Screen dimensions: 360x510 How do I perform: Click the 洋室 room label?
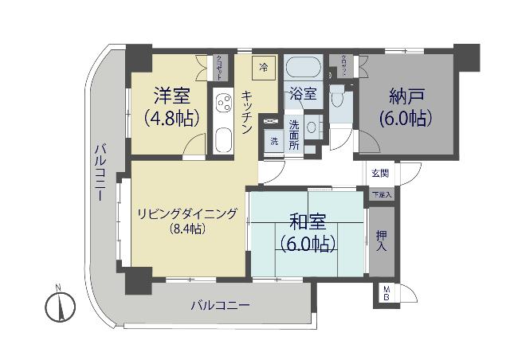click(x=172, y=97)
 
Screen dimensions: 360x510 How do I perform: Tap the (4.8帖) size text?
click(x=171, y=119)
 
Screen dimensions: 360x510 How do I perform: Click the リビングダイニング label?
click(x=187, y=213)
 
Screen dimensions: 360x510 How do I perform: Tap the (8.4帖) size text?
click(x=187, y=229)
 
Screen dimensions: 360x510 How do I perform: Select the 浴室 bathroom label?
click(x=304, y=94)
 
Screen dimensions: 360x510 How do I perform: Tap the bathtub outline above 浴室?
click(x=304, y=66)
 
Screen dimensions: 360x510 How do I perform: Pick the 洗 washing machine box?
click(x=274, y=141)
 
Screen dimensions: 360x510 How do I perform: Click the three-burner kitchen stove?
click(x=221, y=104)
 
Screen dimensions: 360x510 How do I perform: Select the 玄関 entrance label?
click(x=380, y=173)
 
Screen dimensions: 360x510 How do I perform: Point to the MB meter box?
click(x=386, y=293)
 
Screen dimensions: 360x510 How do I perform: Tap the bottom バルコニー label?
click(x=221, y=306)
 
